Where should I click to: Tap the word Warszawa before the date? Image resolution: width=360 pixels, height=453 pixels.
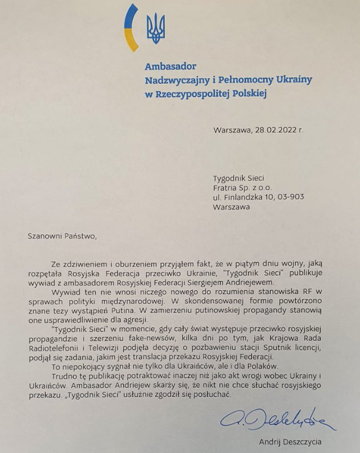pos(232,130)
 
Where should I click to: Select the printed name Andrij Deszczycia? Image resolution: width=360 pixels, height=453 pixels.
pos(290,442)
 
